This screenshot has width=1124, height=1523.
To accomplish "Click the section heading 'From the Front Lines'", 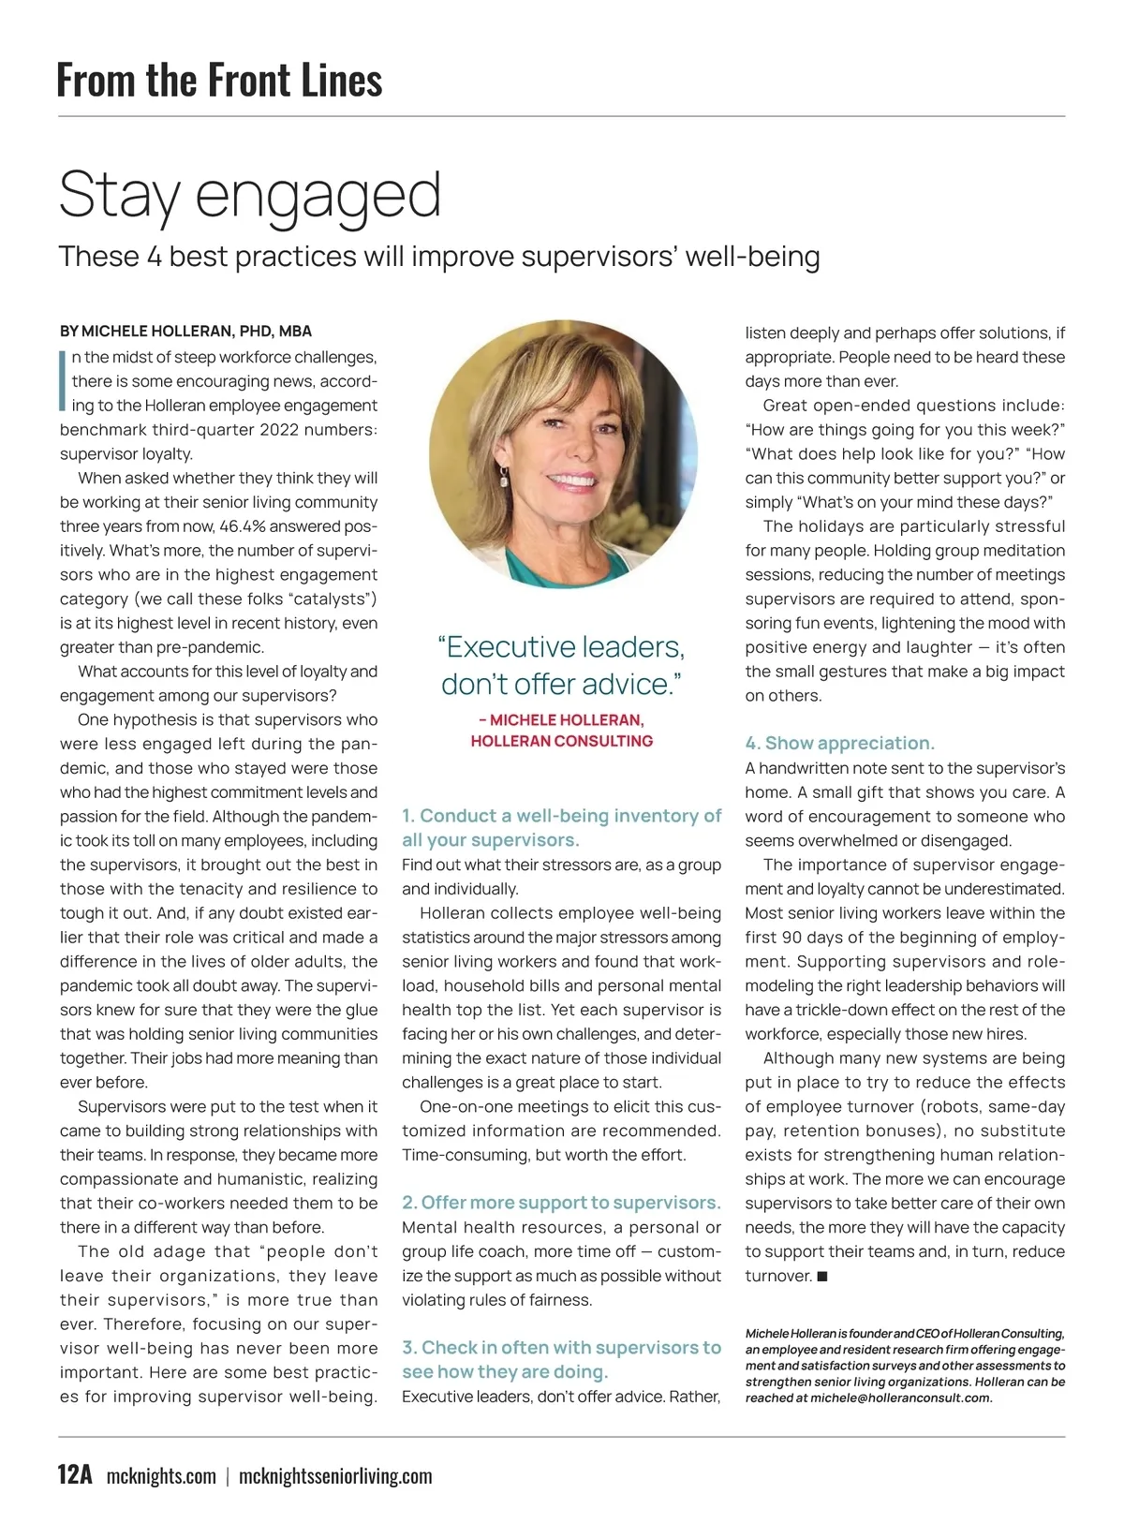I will click(x=219, y=80).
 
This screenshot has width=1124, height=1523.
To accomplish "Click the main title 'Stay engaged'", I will click(x=249, y=195).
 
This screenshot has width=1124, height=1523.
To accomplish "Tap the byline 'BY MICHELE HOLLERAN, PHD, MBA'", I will click(x=185, y=332).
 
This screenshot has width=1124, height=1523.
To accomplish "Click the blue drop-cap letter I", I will click(x=63, y=381).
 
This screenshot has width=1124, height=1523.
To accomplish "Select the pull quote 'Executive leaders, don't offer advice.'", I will click(x=561, y=665).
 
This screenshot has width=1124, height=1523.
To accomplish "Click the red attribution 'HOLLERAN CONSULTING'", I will click(x=561, y=741).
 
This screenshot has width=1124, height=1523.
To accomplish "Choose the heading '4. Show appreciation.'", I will click(x=839, y=744).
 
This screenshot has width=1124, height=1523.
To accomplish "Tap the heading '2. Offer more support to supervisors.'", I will click(x=561, y=1203).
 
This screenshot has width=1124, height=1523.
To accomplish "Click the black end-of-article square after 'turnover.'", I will click(x=822, y=1277).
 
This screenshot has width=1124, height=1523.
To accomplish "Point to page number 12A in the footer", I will click(x=75, y=1475).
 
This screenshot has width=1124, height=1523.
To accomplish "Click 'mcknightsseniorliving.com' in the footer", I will click(x=335, y=1476).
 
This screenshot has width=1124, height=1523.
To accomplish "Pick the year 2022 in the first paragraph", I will click(x=281, y=430).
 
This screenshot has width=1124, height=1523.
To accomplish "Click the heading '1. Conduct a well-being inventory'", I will click(x=561, y=817).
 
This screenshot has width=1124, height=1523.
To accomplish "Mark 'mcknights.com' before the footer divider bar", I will click(x=161, y=1476).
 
